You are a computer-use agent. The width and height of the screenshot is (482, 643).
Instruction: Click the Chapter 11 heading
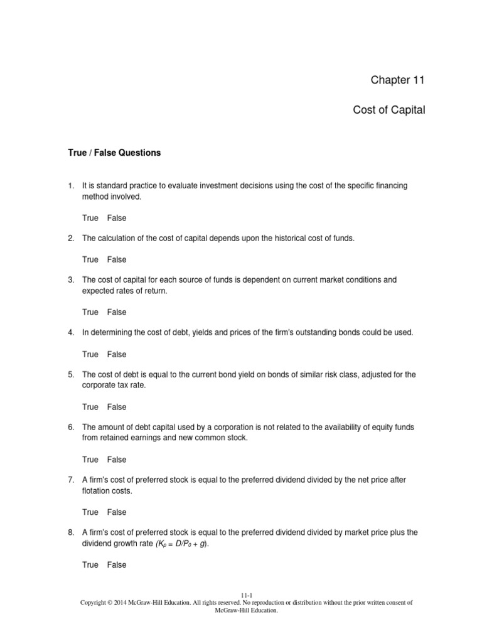397,80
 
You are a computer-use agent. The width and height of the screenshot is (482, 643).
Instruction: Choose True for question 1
90,218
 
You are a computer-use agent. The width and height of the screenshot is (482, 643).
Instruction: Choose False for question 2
116,259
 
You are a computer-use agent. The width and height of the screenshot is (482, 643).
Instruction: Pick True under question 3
90,312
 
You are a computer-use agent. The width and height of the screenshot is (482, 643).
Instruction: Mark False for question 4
116,354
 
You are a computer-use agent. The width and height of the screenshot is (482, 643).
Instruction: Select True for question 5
90,407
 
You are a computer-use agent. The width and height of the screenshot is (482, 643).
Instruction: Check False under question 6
116,460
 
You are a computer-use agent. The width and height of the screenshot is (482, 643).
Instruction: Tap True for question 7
90,512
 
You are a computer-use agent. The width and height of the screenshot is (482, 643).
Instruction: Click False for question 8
116,565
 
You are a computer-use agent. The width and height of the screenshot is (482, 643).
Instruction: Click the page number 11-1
247,595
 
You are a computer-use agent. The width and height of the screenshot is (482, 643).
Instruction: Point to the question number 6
71,427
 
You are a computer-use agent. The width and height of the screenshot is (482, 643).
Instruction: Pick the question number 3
71,279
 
